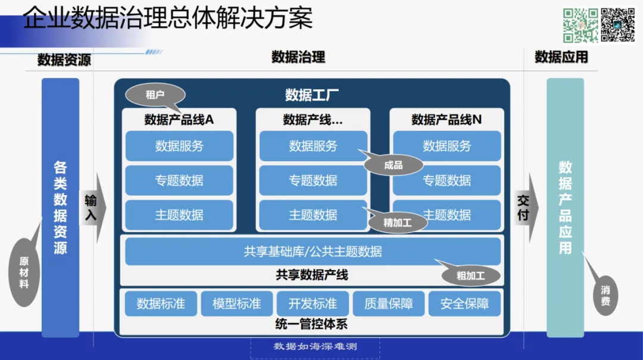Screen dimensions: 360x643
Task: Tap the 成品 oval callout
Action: pos(394,165)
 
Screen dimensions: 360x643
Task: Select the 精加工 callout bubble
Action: pos(398,223)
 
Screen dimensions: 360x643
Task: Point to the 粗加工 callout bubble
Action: pos(470,276)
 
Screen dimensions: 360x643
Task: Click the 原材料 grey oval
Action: pos(24,272)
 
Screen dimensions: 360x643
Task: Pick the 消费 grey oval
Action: pos(605,296)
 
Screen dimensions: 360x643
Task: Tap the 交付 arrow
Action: pos(525,208)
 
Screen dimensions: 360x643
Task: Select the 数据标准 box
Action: pos(161,303)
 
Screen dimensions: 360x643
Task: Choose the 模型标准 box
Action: pos(236,303)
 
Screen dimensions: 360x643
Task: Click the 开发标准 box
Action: pos(313,303)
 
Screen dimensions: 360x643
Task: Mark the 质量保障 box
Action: pos(389,303)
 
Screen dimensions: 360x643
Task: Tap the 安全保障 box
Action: pos(464,303)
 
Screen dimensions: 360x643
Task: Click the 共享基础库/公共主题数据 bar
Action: pos(313,251)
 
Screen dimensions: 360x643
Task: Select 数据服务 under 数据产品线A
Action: pos(179,146)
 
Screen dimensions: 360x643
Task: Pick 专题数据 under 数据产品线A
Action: pos(179,180)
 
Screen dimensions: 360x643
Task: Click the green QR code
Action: pos(580,25)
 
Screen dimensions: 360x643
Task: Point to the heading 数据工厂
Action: pos(312,94)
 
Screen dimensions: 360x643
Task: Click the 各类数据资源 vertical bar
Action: pos(60,208)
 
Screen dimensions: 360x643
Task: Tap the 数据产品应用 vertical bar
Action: pos(565,208)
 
